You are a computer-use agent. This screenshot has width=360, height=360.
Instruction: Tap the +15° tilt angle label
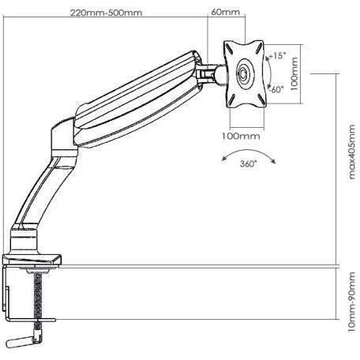[x=276, y=56]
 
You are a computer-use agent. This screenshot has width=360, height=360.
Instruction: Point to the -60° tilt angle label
[x=276, y=89]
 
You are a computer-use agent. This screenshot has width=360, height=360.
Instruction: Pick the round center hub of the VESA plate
[x=242, y=75]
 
